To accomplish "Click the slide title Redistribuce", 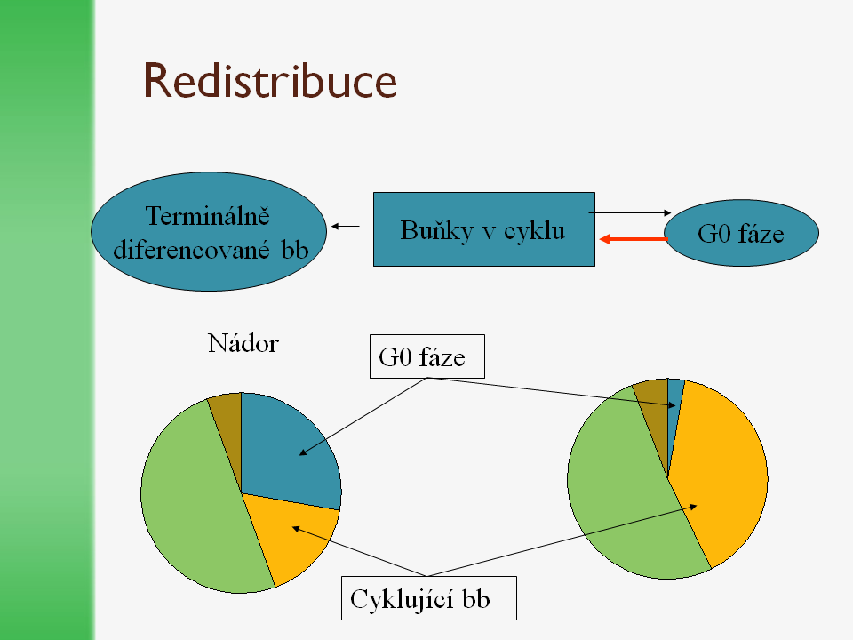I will pos(270,81).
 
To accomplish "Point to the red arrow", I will pos(634,239).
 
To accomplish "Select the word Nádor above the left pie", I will pos(243,343).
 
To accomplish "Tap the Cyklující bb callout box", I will pos(428,599).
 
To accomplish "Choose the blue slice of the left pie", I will pos(289,444).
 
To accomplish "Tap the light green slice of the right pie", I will pos(622,507).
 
